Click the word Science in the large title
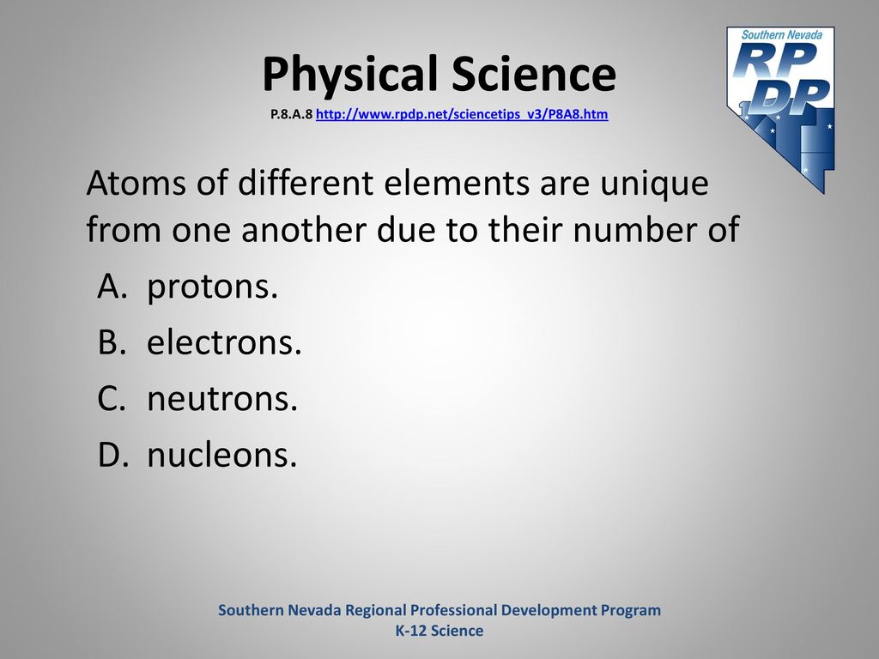coord(534,74)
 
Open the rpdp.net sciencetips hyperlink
coord(462,114)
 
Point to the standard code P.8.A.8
coord(292,114)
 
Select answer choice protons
coord(213,287)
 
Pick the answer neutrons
coord(222,399)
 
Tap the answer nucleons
coord(222,455)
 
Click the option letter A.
coord(110,287)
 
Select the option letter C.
coord(111,398)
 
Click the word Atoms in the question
coord(135,184)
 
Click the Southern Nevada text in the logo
coord(782,34)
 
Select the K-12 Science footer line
coord(439,631)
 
